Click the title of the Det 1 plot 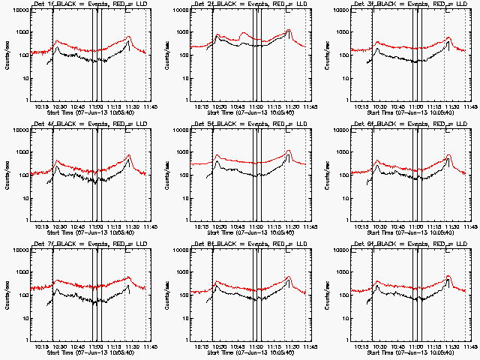click(91, 5)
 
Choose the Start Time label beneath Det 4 click(91, 232)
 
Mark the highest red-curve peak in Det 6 click(448, 155)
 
